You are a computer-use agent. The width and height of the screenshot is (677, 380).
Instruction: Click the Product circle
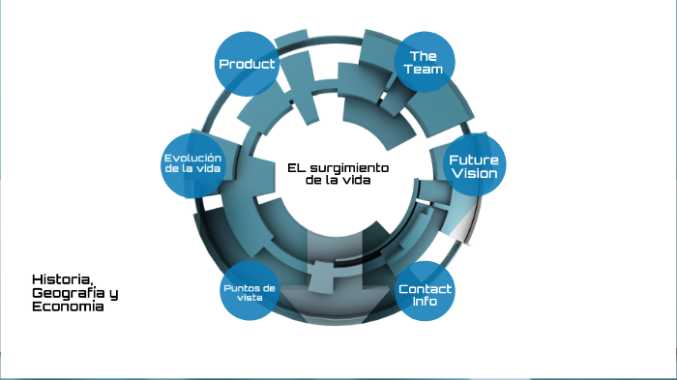tap(247, 64)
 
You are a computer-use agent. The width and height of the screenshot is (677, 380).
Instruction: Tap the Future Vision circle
tap(474, 166)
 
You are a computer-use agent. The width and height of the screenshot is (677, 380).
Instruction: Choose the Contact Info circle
tap(425, 294)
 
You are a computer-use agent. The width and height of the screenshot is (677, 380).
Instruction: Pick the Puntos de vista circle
tap(249, 293)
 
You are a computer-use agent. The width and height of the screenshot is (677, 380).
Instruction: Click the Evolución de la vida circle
tap(193, 163)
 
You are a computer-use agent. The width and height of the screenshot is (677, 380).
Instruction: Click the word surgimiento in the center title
tap(348, 166)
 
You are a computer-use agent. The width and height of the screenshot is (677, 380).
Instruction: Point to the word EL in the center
tap(297, 166)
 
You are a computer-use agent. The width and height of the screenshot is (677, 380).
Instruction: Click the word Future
tap(474, 160)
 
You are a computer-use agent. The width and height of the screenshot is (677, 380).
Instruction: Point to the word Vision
tap(474, 174)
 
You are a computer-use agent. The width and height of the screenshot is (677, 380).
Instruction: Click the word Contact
tap(426, 288)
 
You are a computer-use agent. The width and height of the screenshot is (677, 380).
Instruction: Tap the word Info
tap(426, 302)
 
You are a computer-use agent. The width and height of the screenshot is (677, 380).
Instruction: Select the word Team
tap(425, 70)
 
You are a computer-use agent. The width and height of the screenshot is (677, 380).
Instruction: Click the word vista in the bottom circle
tap(249, 300)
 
